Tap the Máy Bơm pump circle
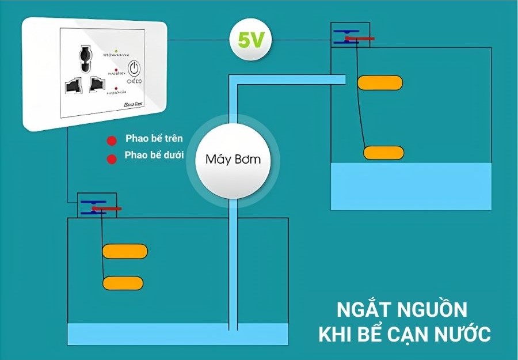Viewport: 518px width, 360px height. [x=233, y=159]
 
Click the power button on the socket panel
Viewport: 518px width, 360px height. [x=135, y=69]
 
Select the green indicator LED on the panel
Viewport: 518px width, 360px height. [x=117, y=51]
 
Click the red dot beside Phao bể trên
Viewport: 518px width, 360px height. [x=110, y=140]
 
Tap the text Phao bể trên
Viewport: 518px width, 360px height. [x=154, y=139]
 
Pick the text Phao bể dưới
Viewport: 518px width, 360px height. [x=154, y=156]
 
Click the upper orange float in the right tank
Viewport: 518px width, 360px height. [x=380, y=83]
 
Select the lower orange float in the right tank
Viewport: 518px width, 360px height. [x=383, y=153]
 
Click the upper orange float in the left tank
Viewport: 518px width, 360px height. [x=125, y=251]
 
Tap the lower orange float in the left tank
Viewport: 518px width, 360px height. [x=123, y=283]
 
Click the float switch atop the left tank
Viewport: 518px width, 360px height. [x=98, y=206]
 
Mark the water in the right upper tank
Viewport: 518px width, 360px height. [x=411, y=185]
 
